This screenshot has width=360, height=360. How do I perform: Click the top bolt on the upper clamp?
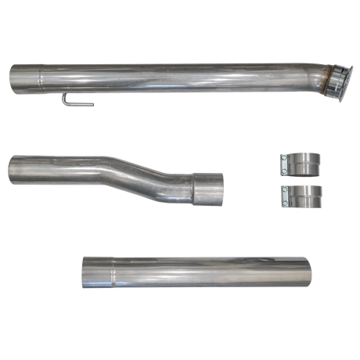[x=282, y=159]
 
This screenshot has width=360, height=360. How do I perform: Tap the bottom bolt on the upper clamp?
[x=282, y=174]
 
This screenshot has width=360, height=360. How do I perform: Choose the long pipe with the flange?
[x=172, y=77]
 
